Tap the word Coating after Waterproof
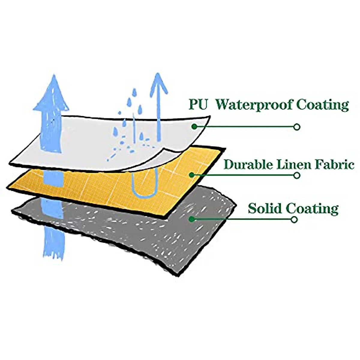322,105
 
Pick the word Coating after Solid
312,208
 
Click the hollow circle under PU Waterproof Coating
297,127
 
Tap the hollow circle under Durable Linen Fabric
297,175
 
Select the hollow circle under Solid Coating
294,220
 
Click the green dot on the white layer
194,127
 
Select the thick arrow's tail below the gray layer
54,243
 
